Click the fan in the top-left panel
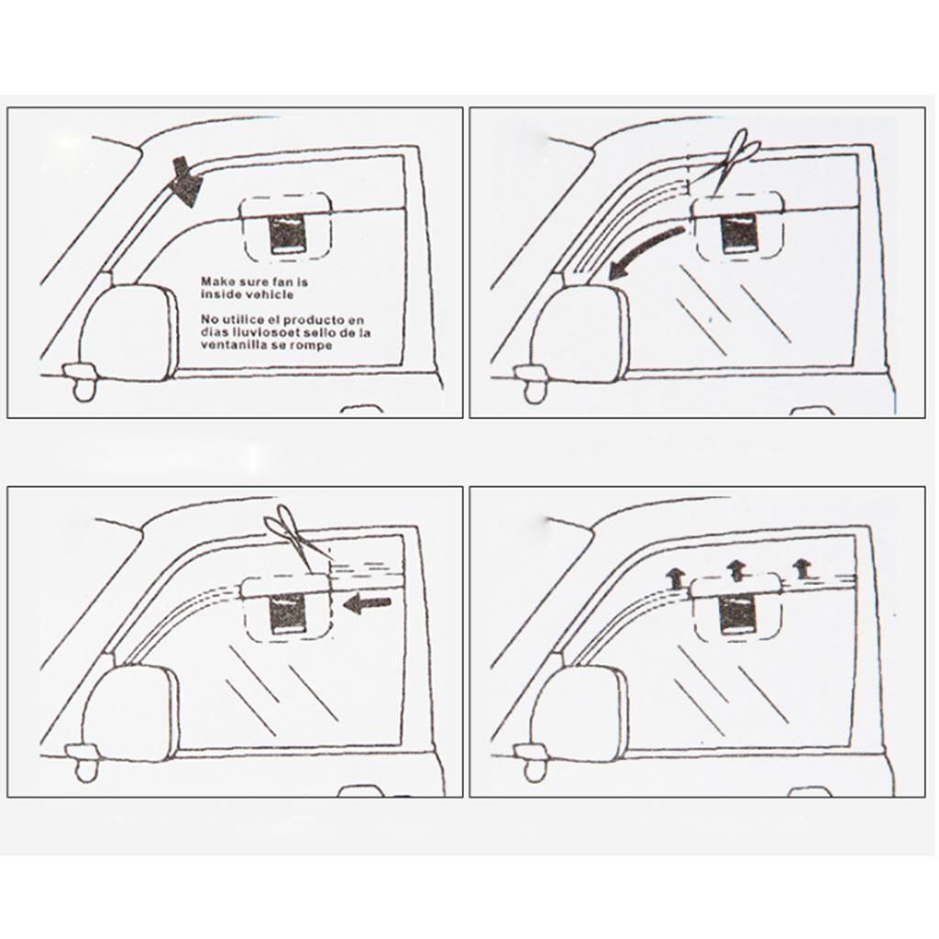287,234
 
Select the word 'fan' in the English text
271,282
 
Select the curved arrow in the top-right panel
644,252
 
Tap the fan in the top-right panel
740,234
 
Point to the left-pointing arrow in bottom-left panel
367,603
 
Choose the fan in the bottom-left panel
287,614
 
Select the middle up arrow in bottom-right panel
736,570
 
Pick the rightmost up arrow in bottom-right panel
801,569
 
